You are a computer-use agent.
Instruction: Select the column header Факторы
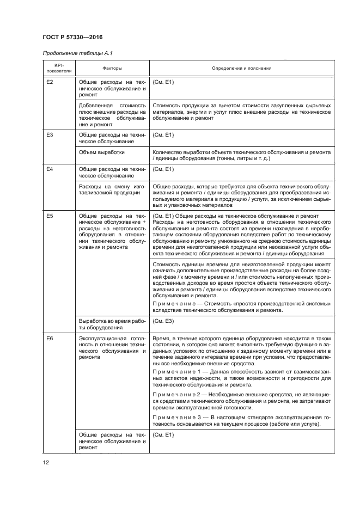[112, 69]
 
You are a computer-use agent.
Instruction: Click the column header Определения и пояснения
[241, 69]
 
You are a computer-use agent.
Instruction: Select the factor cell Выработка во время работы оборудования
[112, 325]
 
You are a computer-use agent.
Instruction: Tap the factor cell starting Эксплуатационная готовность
[112, 348]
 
